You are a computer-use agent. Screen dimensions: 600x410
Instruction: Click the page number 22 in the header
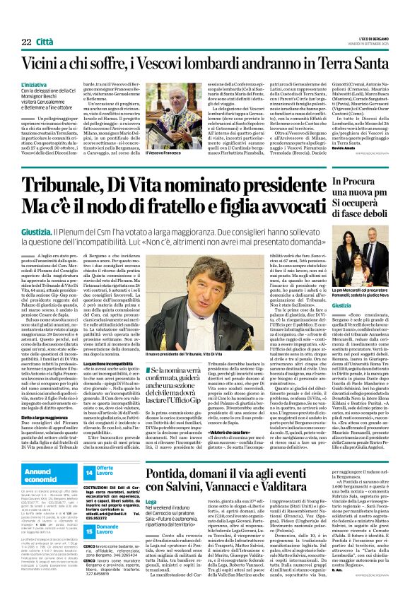(26, 42)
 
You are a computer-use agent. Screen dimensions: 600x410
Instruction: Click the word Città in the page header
(45, 42)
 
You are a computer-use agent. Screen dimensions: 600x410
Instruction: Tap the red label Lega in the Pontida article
(130, 482)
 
